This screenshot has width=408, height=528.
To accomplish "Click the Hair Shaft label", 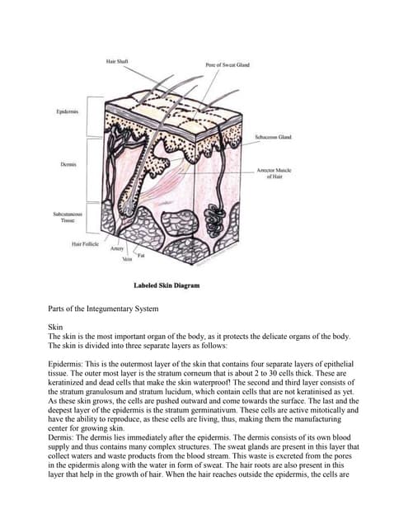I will point(117,62).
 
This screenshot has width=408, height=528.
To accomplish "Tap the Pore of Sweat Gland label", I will point(227,64).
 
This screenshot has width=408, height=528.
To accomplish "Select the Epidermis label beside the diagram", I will point(68,111).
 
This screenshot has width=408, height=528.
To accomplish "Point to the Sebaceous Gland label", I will point(272,136).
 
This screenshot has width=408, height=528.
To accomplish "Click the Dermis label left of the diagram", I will point(69,165).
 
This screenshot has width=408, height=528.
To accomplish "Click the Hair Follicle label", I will point(85,244).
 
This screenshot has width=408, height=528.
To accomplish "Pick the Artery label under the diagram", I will point(117,249).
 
